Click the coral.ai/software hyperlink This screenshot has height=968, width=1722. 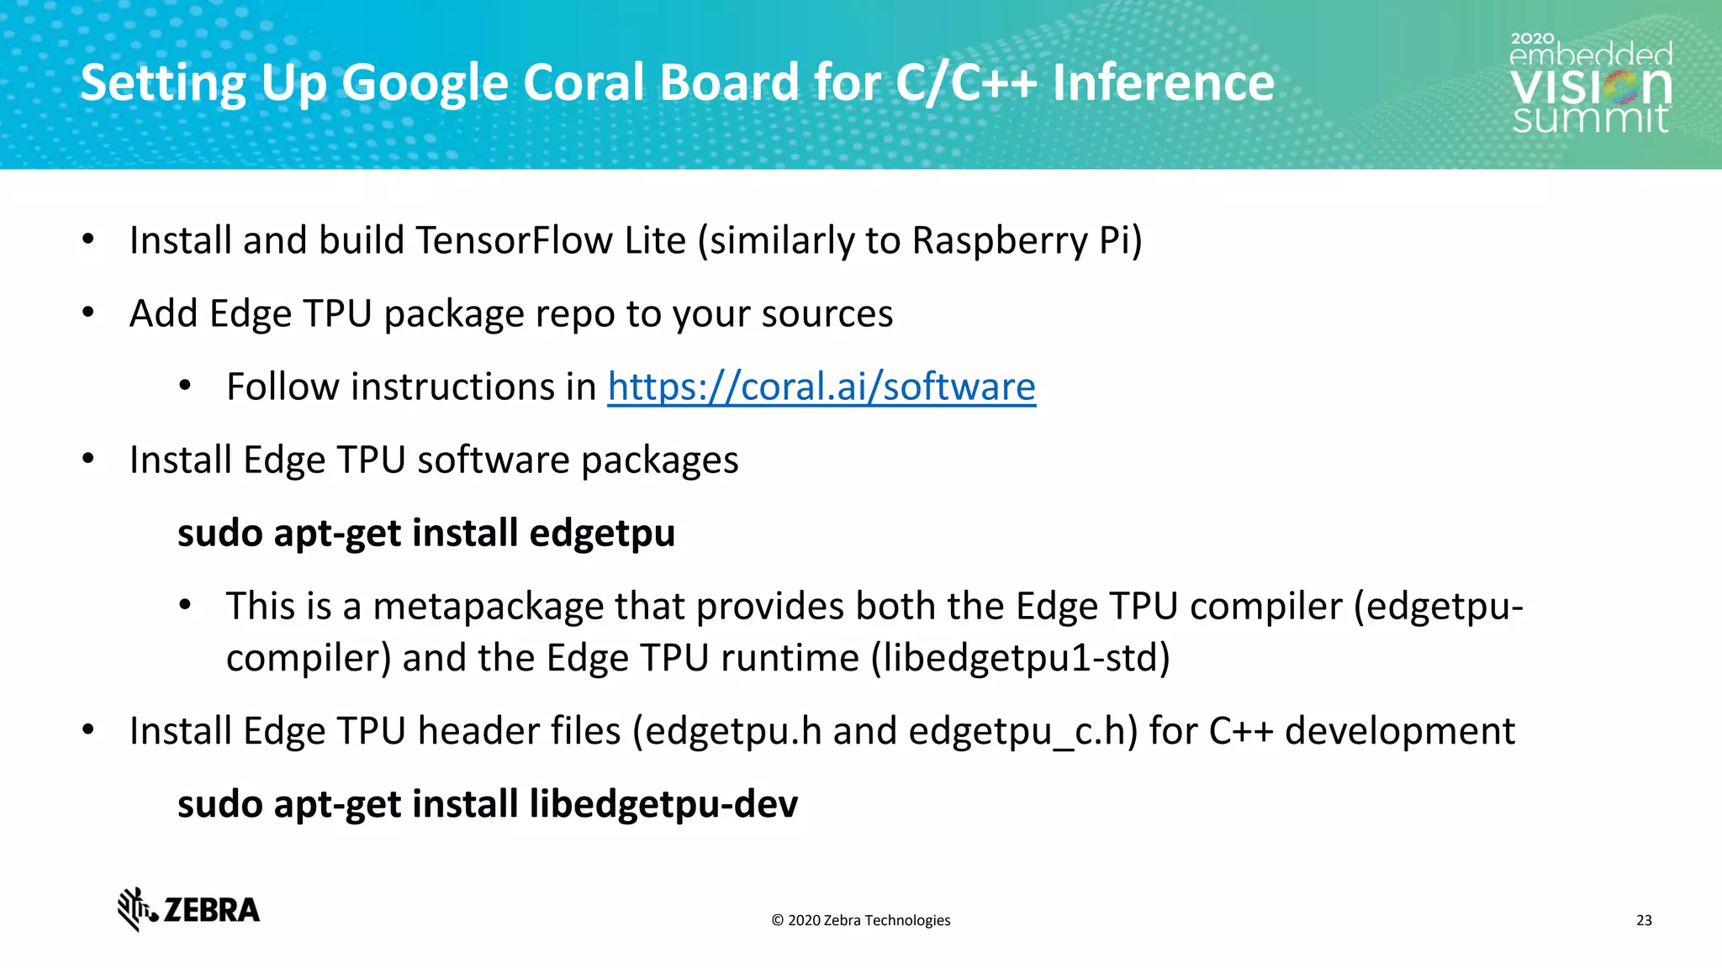(x=821, y=387)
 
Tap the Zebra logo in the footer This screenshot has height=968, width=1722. (x=188, y=909)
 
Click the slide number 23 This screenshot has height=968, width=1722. (x=1644, y=920)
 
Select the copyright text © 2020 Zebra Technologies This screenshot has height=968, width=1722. (x=860, y=920)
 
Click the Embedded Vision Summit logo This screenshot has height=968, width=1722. (x=1590, y=84)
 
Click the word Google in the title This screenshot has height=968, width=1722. (x=425, y=83)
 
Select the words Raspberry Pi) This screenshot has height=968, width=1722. (x=1027, y=241)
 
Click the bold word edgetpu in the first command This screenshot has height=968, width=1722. (x=602, y=534)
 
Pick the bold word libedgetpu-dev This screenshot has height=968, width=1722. (x=663, y=804)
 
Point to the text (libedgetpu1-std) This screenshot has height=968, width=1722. (x=1020, y=658)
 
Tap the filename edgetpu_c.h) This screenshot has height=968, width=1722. (x=1022, y=731)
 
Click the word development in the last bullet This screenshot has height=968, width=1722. (x=1399, y=731)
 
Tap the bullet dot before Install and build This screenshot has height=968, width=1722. (x=88, y=240)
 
